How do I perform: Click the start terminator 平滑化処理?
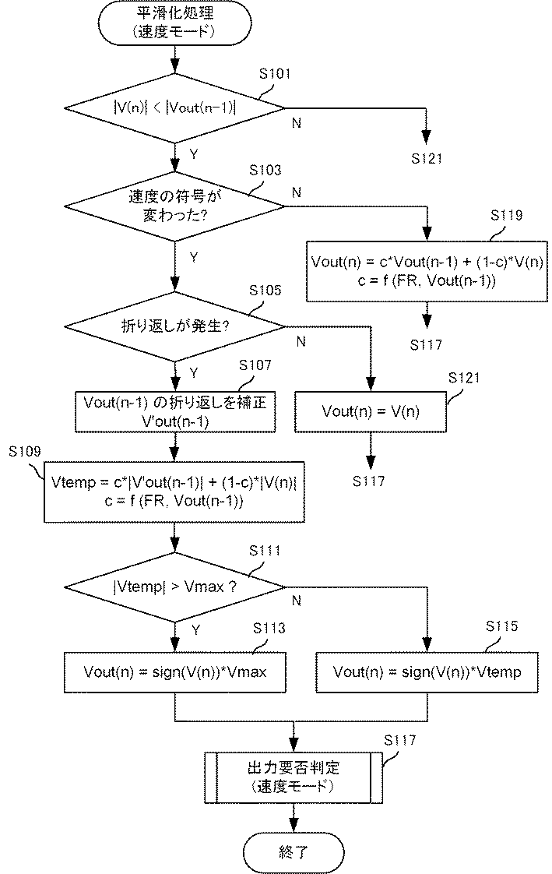(175, 22)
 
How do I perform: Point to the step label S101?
(275, 74)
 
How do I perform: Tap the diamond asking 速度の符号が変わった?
(175, 206)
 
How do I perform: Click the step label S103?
(265, 170)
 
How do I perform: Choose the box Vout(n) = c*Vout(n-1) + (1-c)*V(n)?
(427, 271)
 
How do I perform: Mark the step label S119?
(506, 215)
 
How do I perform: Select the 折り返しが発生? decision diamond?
(175, 326)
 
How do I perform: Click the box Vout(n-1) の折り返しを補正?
(175, 412)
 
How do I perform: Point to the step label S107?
(255, 365)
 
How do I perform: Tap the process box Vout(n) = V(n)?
(371, 412)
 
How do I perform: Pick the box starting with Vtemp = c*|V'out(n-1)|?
(174, 492)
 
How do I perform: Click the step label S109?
(24, 452)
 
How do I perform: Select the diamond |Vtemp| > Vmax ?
(175, 587)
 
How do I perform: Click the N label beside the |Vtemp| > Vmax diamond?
(297, 601)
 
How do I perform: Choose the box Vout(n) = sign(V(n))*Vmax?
(175, 672)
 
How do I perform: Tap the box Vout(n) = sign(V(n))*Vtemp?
(427, 672)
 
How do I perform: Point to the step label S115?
(502, 626)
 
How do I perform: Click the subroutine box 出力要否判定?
(293, 777)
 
